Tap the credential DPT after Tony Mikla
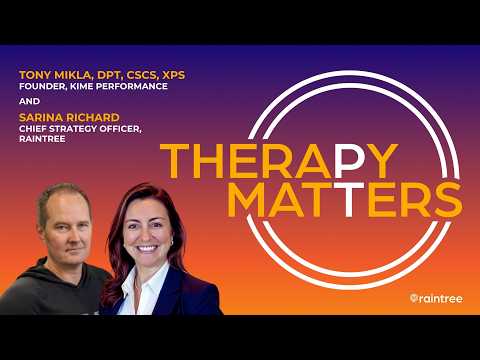click(x=108, y=75)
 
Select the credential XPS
click(x=173, y=75)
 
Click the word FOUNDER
click(x=38, y=86)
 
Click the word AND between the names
click(x=29, y=101)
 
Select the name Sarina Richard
click(x=69, y=117)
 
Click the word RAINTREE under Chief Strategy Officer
click(x=42, y=139)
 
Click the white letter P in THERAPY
click(x=348, y=161)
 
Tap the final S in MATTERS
click(x=448, y=199)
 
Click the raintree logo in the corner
click(x=436, y=298)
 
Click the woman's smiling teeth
click(x=147, y=248)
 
